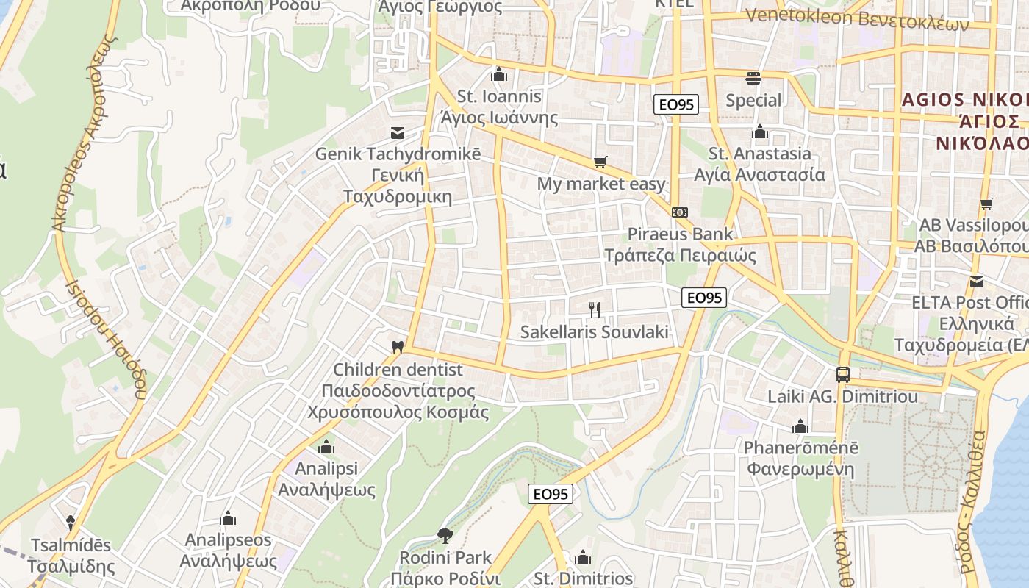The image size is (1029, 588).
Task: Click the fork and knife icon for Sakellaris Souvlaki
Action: point(595,310)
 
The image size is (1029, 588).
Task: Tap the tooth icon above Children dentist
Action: point(398,346)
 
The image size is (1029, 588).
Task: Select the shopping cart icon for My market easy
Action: point(601,162)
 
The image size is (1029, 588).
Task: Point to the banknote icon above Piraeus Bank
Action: point(680,212)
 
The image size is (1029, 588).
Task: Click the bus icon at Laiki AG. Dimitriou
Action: point(842,374)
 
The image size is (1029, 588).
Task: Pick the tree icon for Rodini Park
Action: point(445,534)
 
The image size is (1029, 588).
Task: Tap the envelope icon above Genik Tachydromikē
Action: point(398,132)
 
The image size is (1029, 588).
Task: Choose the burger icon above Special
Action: point(753,77)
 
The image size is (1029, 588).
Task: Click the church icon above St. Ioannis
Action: point(499,74)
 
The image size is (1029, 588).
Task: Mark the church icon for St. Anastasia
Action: point(759,132)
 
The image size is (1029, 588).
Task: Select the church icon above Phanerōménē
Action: point(800,426)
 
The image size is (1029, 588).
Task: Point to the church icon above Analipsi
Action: point(326,447)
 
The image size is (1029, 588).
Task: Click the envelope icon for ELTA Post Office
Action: point(977,281)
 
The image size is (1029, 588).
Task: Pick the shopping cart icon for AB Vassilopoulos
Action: point(986,204)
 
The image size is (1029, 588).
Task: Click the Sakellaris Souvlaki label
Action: point(594,332)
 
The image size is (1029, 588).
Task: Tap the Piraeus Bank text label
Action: point(680,234)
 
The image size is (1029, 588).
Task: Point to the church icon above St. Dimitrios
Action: point(583,557)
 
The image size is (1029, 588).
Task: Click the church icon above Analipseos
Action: point(228,519)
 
